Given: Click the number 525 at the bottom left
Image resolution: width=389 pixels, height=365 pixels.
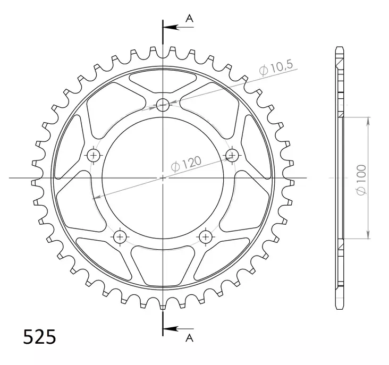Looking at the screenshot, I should pos(39,336).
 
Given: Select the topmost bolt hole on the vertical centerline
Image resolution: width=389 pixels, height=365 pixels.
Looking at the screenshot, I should pos(163,105).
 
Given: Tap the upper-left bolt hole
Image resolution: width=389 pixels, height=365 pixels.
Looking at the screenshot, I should pos(94,155).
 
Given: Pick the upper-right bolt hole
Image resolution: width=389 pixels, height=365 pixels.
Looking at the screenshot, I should pos(232,155).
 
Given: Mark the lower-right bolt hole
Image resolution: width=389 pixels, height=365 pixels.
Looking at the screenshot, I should pos(206,236).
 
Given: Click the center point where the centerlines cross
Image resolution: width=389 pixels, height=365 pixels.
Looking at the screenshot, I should pos(163,177).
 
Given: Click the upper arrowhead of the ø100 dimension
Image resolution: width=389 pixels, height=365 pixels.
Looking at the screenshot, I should pos(368,120).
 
